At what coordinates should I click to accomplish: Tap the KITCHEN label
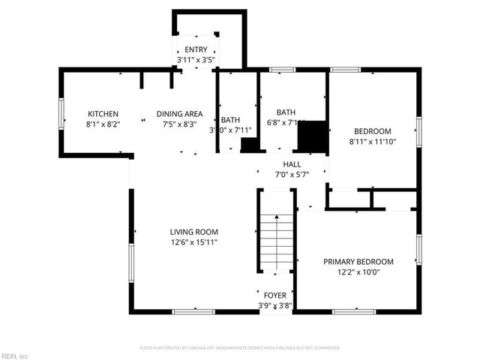click(103, 114)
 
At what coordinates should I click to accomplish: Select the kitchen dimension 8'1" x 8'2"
click(103, 124)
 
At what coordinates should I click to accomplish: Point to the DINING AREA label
click(179, 114)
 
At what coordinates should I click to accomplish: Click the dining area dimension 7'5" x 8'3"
click(179, 124)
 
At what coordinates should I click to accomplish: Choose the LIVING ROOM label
click(193, 232)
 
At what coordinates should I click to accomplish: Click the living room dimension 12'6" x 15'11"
click(193, 242)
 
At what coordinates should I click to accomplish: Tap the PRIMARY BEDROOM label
click(358, 262)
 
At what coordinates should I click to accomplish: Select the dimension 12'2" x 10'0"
click(358, 272)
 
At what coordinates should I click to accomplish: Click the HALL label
click(292, 164)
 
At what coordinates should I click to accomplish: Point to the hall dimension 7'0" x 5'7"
click(292, 175)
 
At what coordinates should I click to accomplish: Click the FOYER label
click(274, 295)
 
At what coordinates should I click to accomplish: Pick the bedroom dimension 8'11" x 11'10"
click(372, 141)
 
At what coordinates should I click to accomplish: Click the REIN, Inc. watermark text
click(15, 355)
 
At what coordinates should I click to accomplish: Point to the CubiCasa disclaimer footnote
click(240, 348)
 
